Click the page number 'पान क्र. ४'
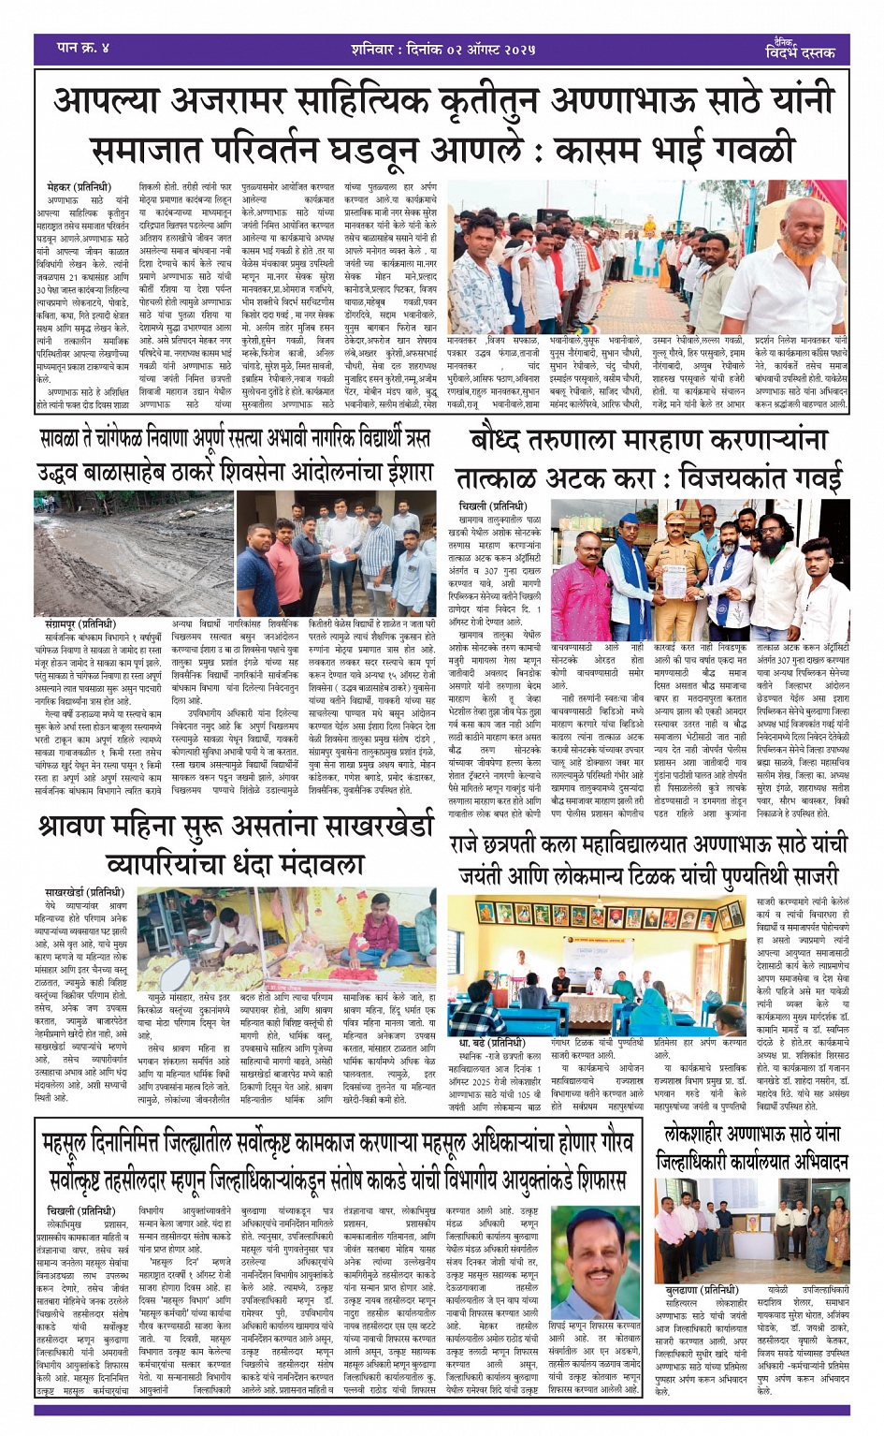point(83,47)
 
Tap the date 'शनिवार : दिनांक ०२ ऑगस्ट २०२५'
point(437,48)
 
